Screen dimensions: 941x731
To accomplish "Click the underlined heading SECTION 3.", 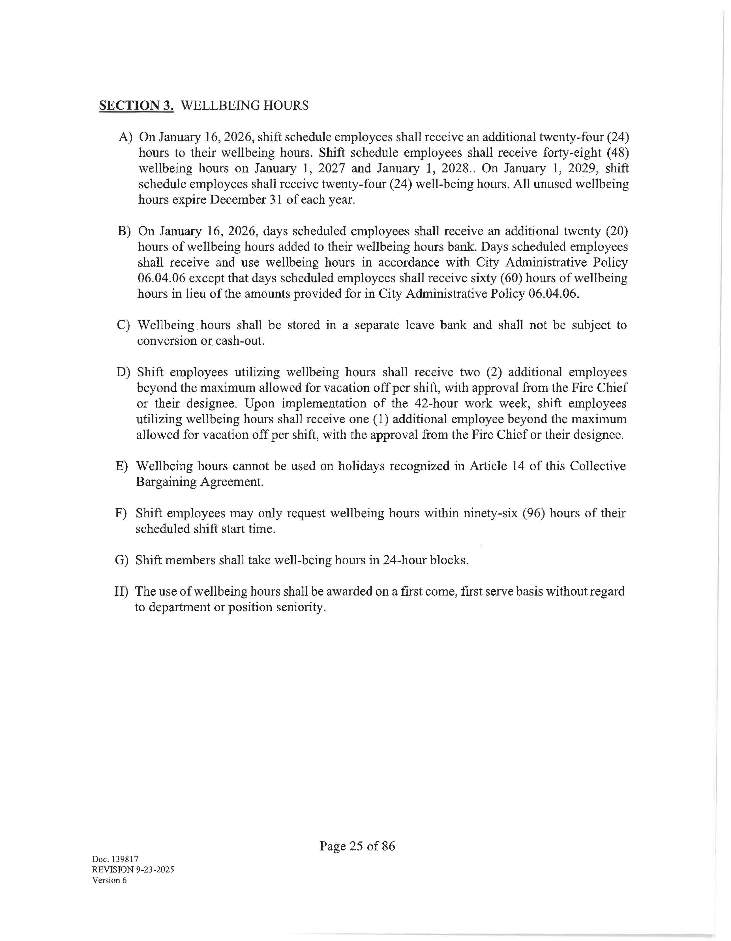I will [136, 106].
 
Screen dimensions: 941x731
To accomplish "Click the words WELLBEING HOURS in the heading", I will [244, 106].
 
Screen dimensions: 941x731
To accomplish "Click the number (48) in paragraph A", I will [617, 153].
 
